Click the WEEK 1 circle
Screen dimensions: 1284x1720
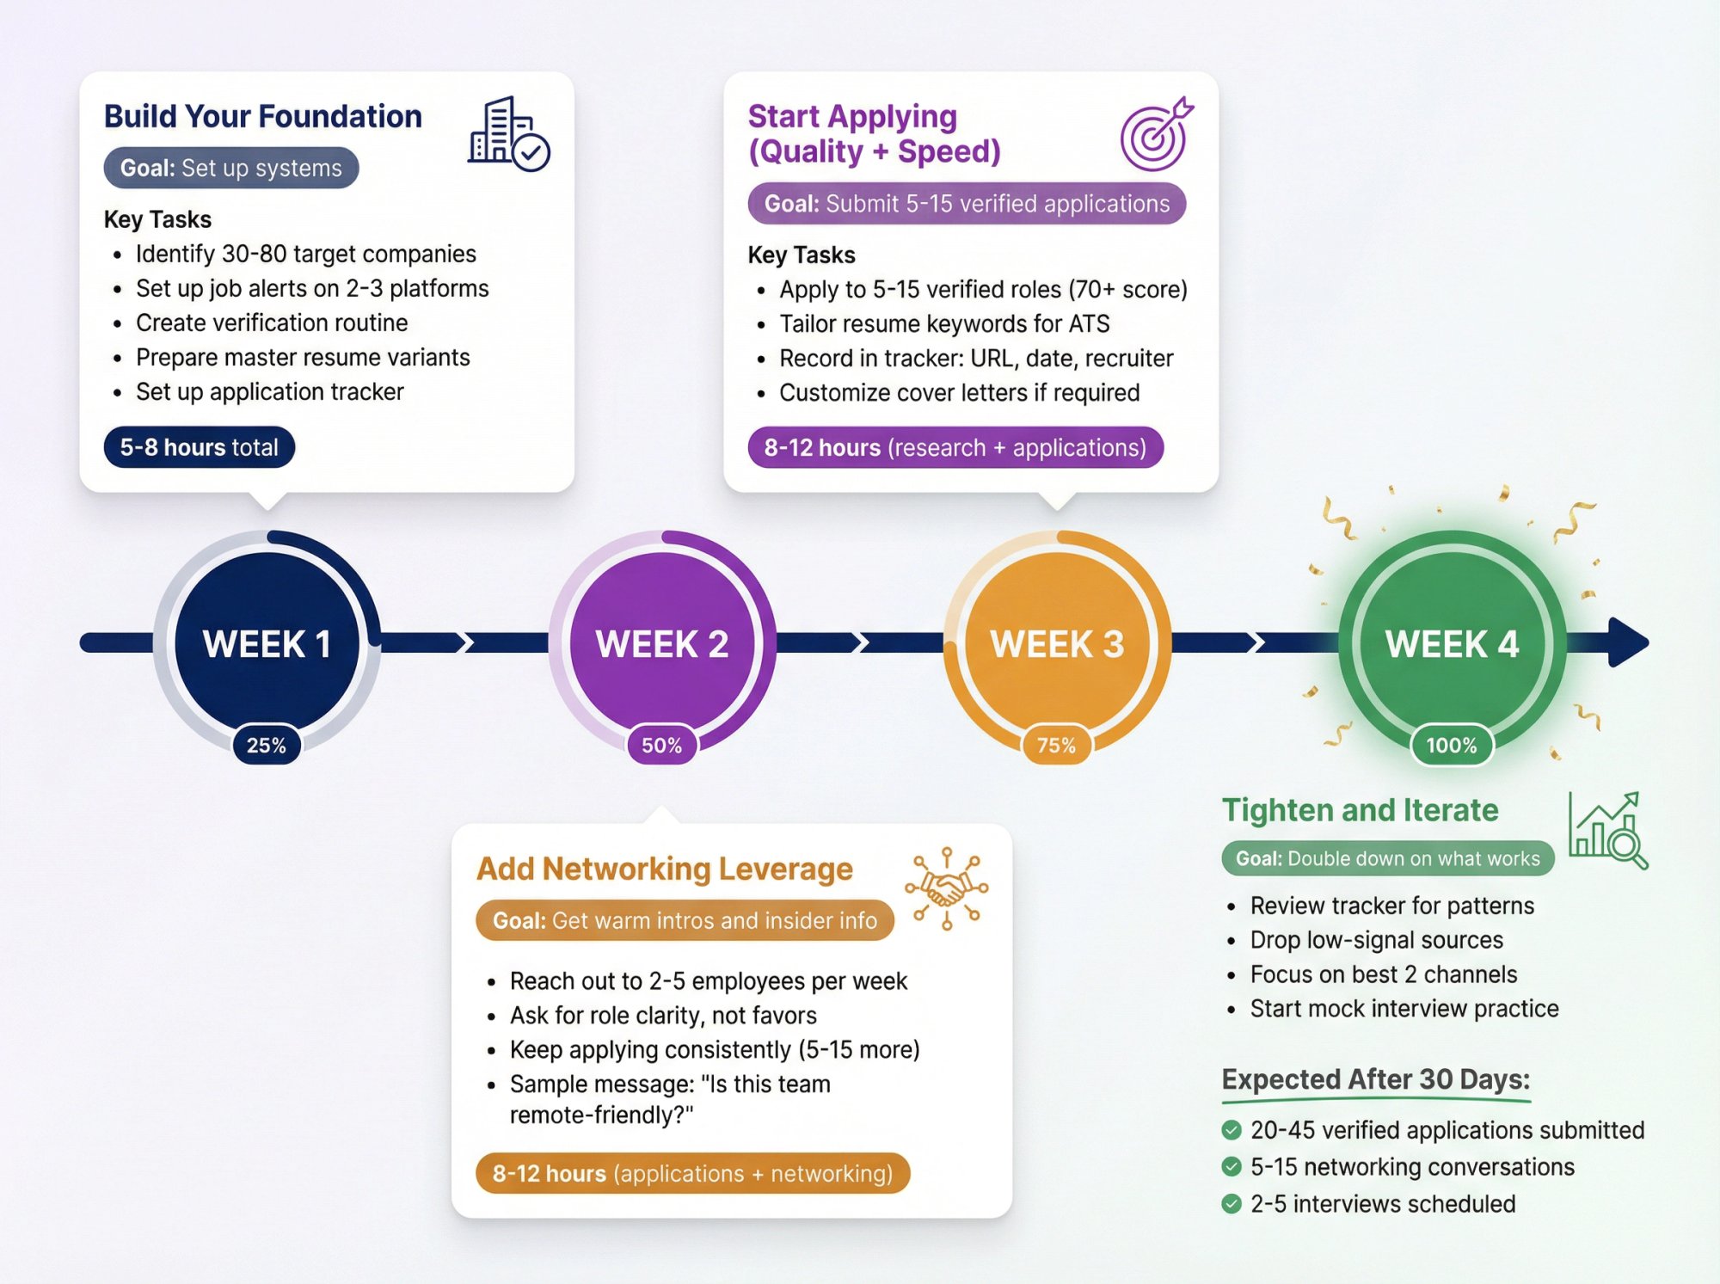(x=267, y=643)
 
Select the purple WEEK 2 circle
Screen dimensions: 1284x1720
(x=661, y=643)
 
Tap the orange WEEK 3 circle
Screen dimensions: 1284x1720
(x=1057, y=643)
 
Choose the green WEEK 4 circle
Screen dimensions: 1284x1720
(x=1452, y=643)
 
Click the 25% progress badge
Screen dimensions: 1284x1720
(x=267, y=745)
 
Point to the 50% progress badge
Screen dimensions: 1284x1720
(x=661, y=745)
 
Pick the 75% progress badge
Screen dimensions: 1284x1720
(x=1056, y=745)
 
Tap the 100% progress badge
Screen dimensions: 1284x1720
(x=1452, y=745)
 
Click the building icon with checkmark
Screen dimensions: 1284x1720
(x=508, y=134)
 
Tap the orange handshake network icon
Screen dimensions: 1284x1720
(x=946, y=888)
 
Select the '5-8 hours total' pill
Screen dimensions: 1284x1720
(x=199, y=447)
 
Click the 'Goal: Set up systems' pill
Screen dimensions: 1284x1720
(x=230, y=168)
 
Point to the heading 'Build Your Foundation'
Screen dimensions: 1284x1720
(x=262, y=116)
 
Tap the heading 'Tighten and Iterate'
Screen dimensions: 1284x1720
(x=1360, y=810)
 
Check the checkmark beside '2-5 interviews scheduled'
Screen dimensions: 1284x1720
(x=1232, y=1203)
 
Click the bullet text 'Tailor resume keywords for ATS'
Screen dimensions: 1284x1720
(x=944, y=323)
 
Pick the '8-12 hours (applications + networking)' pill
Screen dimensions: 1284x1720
(x=692, y=1173)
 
